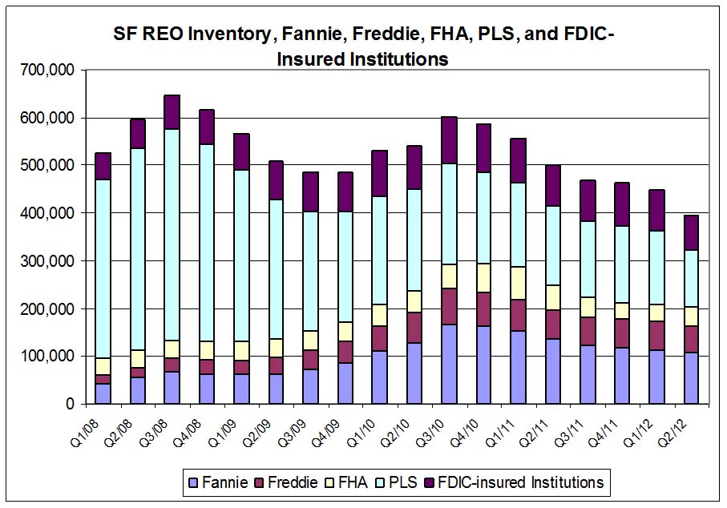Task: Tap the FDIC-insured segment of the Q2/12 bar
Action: coord(690,232)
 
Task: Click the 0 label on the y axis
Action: coord(70,404)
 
